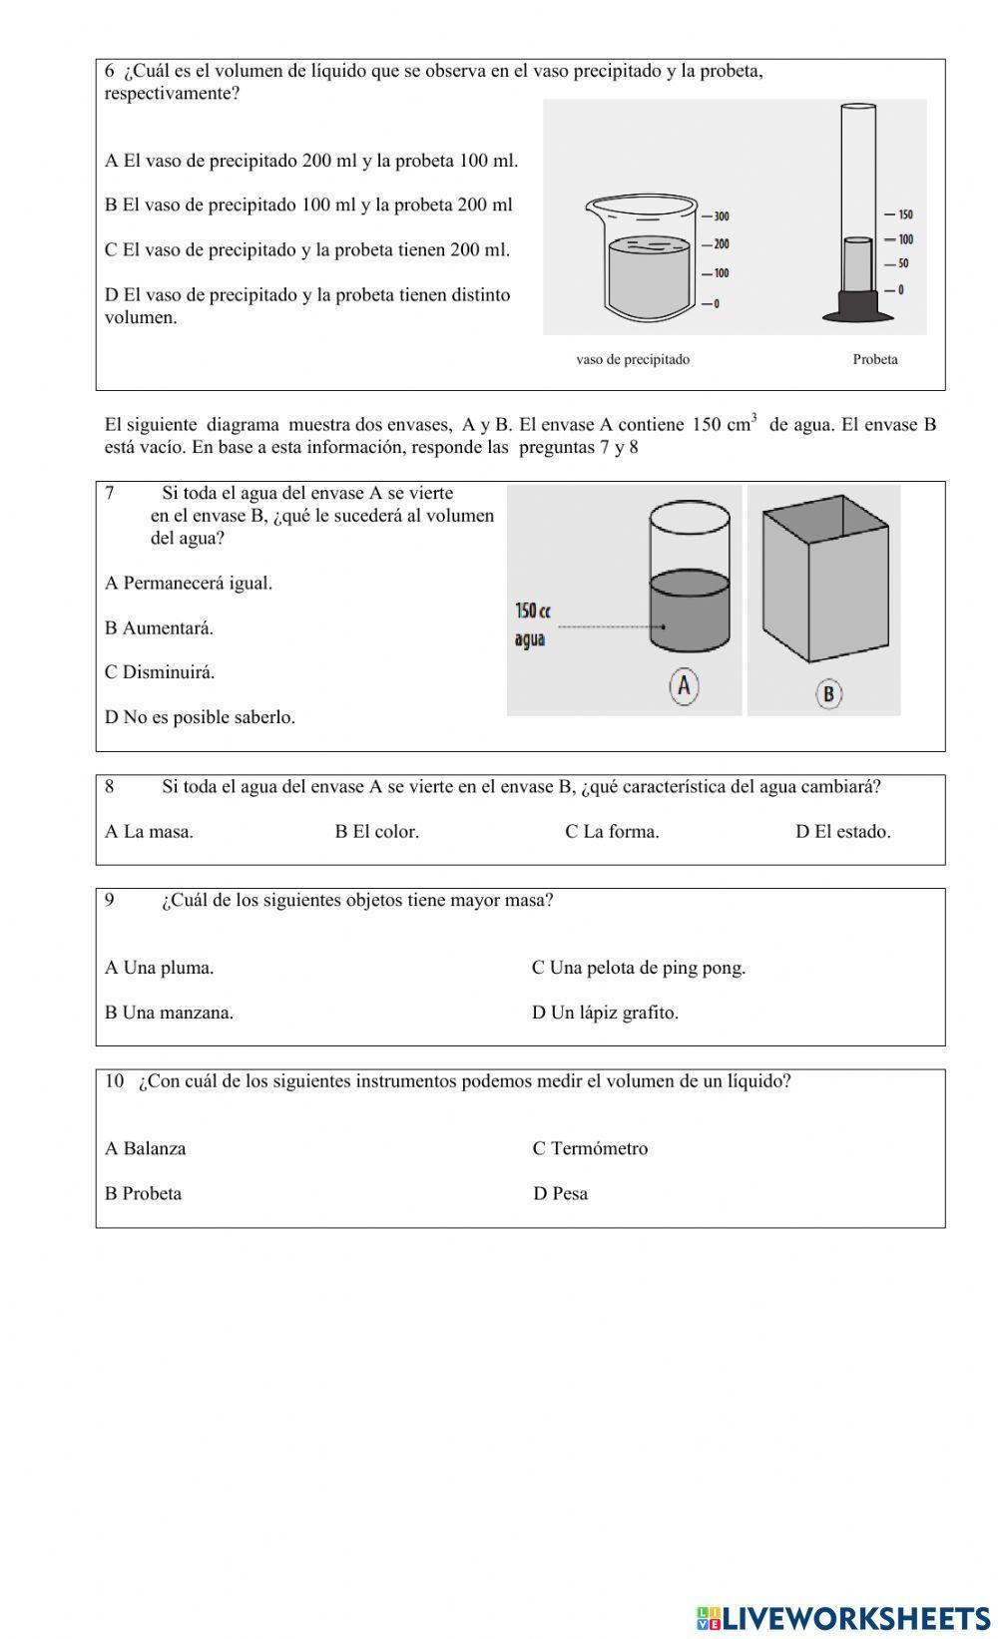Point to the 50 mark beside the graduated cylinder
point(902,264)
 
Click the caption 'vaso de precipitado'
point(633,359)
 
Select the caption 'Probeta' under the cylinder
point(874,359)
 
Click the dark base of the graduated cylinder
point(857,305)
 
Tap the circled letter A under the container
point(684,686)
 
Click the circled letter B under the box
point(828,693)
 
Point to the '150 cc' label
point(533,611)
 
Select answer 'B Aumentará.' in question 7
point(160,627)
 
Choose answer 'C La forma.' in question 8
point(612,831)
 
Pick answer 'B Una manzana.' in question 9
point(170,1013)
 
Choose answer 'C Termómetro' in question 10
point(590,1148)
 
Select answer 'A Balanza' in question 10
point(146,1148)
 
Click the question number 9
point(110,900)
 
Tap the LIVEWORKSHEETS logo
point(843,1617)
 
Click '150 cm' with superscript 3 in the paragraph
point(724,424)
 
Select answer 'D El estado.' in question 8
point(842,831)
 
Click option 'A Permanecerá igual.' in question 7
point(189,583)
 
